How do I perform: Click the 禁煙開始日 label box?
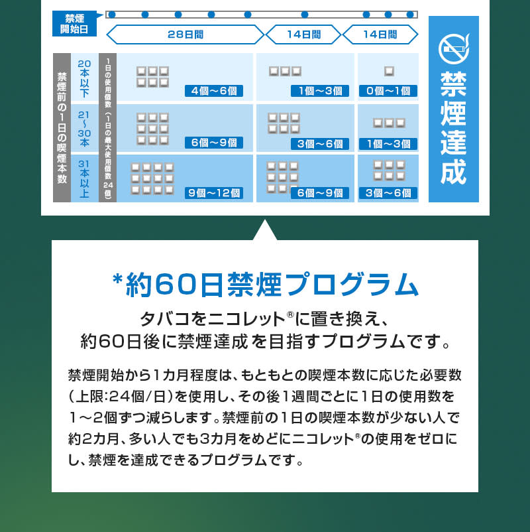[74, 23]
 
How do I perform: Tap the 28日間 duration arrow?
[185, 34]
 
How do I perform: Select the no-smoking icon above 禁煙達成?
[454, 49]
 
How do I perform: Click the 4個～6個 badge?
[214, 91]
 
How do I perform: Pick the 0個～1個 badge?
[388, 91]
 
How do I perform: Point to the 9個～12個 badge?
[214, 193]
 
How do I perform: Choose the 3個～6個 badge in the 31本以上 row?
[388, 193]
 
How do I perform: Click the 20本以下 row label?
[84, 78]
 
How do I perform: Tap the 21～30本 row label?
[84, 129]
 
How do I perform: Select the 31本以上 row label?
[84, 179]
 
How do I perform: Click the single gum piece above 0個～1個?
[389, 71]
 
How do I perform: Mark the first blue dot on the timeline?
[112, 15]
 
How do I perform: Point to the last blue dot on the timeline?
[410, 15]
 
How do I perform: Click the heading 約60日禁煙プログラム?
[272, 285]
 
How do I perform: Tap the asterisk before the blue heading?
[117, 280]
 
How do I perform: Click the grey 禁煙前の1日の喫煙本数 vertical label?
[62, 127]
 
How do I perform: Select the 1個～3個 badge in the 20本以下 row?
[320, 91]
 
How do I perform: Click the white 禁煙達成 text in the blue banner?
[454, 128]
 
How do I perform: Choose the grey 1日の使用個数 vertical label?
[108, 127]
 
